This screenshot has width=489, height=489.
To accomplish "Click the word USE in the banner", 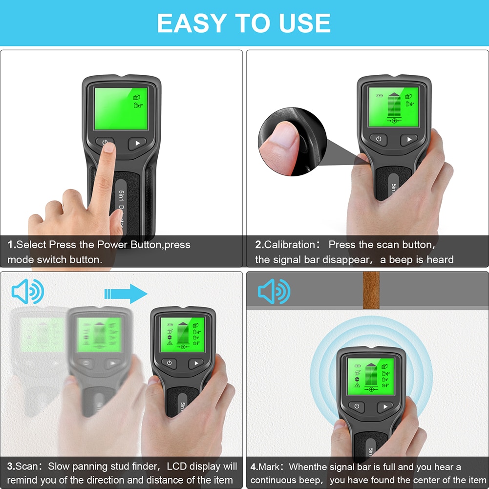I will pyautogui.click(x=302, y=23).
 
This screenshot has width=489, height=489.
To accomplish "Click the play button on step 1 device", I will pyautogui.click(x=137, y=144).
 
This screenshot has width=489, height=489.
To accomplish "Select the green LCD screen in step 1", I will pyautogui.click(x=121, y=108).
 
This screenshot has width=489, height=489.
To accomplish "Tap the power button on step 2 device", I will pyautogui.click(x=378, y=139).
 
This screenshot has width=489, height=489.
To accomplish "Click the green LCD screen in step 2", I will pyautogui.click(x=393, y=105).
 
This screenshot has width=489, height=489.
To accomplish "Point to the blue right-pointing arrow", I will pyautogui.click(x=126, y=294).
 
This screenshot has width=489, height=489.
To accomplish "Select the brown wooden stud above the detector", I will pyautogui.click(x=371, y=290).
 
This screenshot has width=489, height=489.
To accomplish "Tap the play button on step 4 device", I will pyautogui.click(x=385, y=407).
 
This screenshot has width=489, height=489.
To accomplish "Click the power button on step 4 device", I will pyautogui.click(x=357, y=407).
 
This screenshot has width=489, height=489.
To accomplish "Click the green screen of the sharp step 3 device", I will pyautogui.click(x=183, y=335).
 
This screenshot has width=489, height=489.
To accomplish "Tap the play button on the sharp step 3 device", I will pyautogui.click(x=196, y=363).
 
